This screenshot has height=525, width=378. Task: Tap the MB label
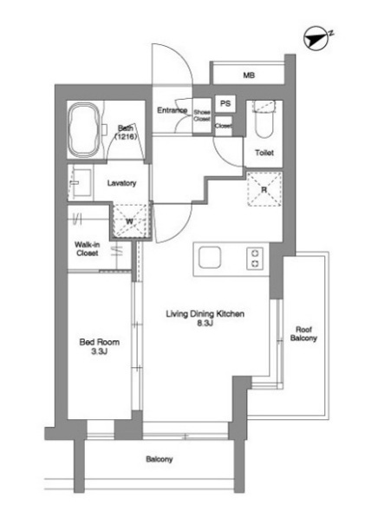249,75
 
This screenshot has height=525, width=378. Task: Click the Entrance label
173,110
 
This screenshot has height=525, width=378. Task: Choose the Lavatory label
122,183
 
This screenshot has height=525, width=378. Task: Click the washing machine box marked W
130,220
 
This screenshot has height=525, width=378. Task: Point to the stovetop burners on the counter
255,258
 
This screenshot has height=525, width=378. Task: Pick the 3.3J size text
94,354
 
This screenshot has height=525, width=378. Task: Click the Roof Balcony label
303,334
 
